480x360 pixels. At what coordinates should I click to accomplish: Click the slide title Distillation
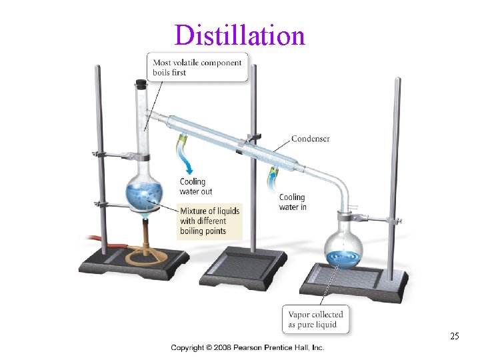click(240, 35)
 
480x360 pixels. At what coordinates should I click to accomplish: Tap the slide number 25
click(454, 336)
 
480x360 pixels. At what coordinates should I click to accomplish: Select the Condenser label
click(310, 139)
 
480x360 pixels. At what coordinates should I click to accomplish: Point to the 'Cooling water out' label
click(196, 187)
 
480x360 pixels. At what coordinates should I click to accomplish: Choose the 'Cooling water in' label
click(292, 202)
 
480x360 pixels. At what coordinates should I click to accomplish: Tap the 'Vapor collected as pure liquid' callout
click(316, 319)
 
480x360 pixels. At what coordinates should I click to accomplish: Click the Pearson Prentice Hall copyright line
click(247, 347)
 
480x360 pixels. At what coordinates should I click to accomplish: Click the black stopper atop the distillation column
click(141, 84)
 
